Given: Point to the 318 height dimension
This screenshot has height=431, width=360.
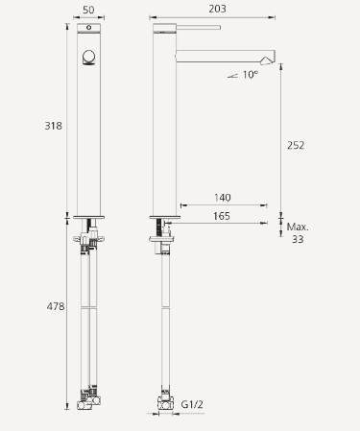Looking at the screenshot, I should (55, 125).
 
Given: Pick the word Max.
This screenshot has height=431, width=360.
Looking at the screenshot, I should (297, 227).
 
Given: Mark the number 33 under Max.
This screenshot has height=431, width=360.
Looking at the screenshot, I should (297, 239).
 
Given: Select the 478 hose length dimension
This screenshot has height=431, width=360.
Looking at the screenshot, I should (55, 306).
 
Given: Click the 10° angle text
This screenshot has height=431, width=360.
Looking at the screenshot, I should (251, 74).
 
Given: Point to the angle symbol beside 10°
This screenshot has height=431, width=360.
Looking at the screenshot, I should (230, 75).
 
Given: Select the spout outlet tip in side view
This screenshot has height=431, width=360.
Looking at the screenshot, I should (272, 56).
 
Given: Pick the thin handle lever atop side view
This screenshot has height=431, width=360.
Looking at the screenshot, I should (197, 27).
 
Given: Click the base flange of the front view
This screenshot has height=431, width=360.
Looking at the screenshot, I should (88, 214).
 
